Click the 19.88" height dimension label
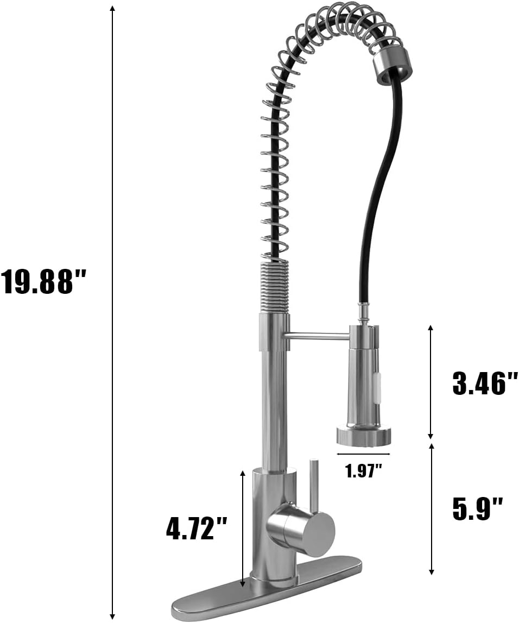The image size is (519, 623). (43, 282)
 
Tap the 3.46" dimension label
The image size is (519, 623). (485, 383)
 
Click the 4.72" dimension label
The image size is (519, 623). (196, 527)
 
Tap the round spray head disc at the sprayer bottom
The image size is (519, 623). (364, 435)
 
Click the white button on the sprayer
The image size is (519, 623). (377, 385)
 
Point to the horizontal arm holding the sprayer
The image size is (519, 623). (318, 337)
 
